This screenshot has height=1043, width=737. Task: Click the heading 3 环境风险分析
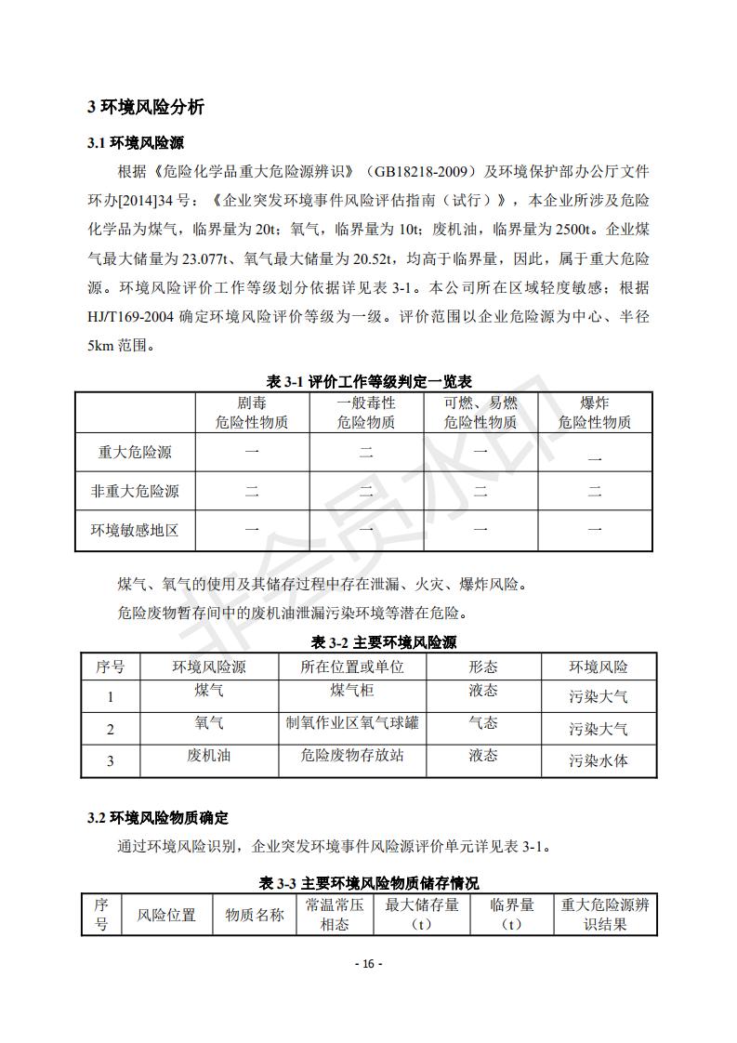[146, 107]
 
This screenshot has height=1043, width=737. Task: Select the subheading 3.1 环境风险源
[136, 143]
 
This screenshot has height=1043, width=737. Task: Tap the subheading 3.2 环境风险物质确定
[157, 818]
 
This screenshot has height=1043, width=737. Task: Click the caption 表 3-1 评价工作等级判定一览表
[369, 382]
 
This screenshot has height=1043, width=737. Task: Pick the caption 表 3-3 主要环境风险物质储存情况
[369, 883]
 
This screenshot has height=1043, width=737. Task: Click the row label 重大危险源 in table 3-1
[135, 453]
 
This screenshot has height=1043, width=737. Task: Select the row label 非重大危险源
[135, 492]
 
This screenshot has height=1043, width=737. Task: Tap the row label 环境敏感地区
[135, 531]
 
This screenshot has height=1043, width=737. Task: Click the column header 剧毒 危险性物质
[251, 413]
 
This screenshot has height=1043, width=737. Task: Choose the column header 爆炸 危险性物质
[594, 413]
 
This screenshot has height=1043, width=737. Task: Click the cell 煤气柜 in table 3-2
[352, 692]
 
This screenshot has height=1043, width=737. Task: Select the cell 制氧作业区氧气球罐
[352, 723]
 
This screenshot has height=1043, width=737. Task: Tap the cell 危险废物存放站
[352, 756]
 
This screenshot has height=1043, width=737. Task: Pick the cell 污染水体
[599, 760]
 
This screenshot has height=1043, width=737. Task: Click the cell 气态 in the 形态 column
[482, 723]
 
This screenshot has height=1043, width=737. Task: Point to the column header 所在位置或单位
[352, 667]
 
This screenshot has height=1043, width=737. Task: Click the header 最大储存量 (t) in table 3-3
[422, 914]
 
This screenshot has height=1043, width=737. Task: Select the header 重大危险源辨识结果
[605, 914]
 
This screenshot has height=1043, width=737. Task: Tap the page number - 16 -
[369, 964]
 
